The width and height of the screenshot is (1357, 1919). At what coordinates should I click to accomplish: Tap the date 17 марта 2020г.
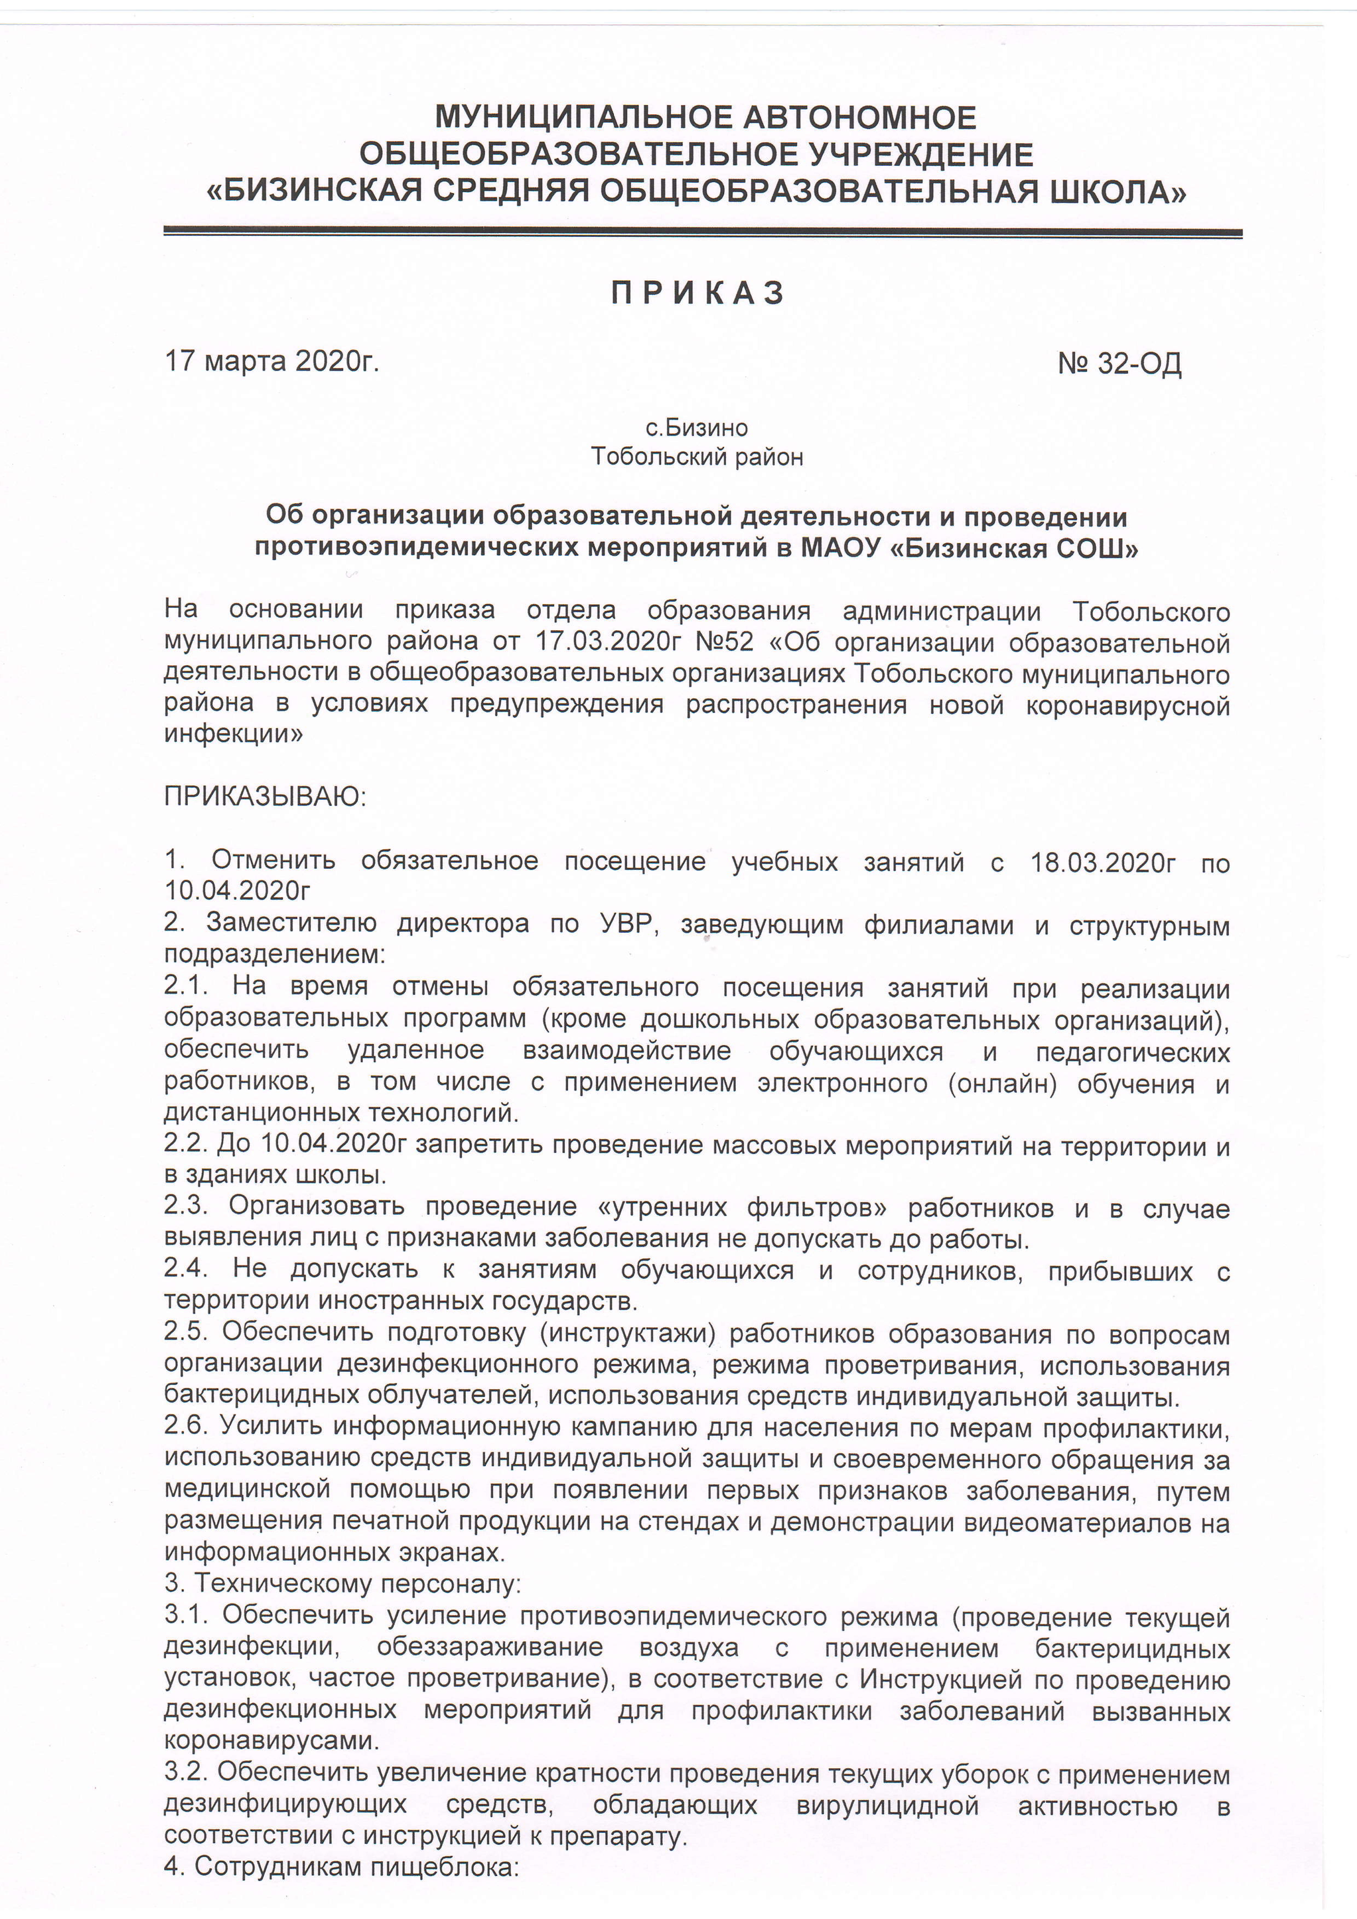tap(272, 361)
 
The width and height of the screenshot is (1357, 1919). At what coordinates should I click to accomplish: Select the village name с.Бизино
tap(697, 428)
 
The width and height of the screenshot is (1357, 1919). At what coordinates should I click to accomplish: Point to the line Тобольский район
tap(697, 457)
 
